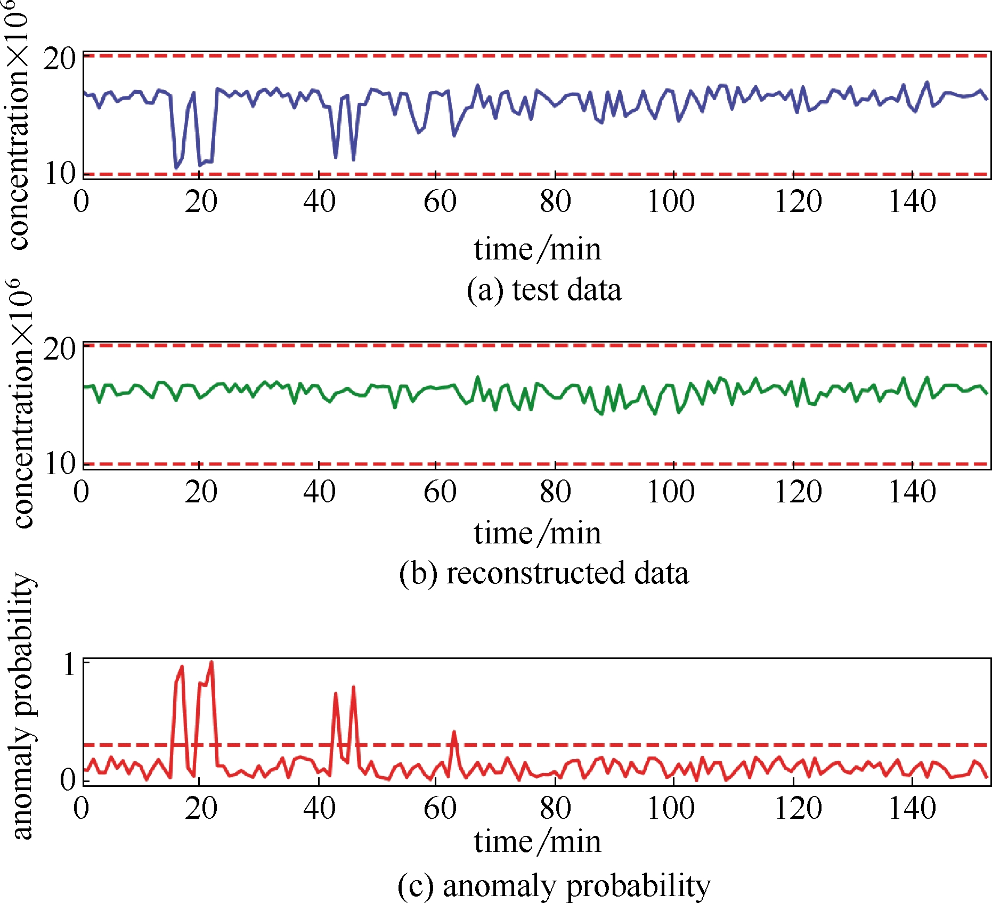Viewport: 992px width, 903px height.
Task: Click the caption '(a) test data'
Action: click(x=544, y=290)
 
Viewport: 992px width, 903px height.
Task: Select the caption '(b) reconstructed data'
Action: click(x=544, y=573)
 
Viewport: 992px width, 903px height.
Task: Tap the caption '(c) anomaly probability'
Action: click(x=554, y=885)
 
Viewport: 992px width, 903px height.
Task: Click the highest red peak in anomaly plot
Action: click(x=212, y=662)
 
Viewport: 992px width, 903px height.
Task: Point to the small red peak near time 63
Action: click(x=454, y=733)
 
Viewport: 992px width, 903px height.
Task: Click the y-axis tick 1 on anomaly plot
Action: click(x=70, y=665)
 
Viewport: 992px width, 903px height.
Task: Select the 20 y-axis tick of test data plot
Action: click(x=60, y=59)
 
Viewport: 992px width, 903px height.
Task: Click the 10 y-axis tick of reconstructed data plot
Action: click(x=60, y=463)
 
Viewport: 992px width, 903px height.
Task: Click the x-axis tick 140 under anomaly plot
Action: click(x=912, y=809)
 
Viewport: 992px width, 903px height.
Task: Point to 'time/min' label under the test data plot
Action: click(x=538, y=249)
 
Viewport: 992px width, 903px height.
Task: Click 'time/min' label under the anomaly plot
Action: click(x=538, y=842)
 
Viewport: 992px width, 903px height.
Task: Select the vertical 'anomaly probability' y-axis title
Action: click(x=22, y=709)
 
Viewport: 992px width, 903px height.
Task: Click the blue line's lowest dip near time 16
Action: click(x=176, y=168)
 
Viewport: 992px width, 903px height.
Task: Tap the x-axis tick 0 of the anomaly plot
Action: click(x=82, y=809)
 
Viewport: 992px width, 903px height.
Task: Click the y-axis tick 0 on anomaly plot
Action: click(x=69, y=780)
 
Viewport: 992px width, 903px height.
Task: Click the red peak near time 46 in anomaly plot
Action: click(x=353, y=688)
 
